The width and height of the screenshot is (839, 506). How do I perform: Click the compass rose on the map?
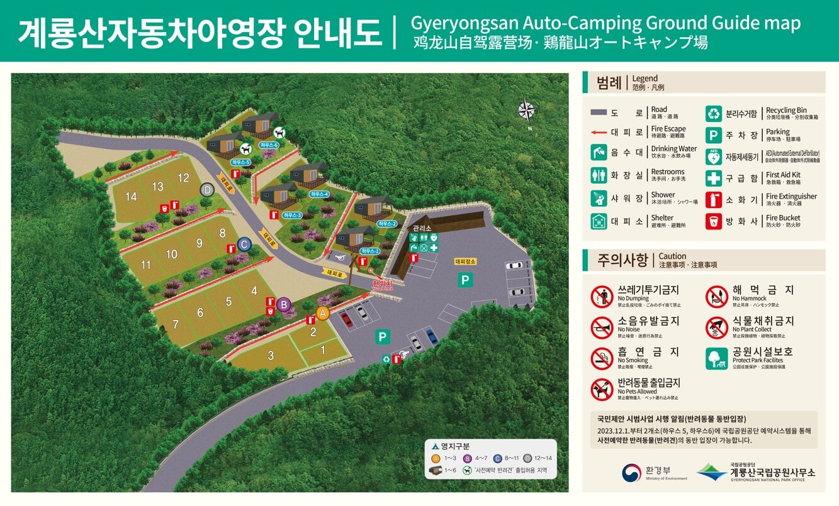(526, 111)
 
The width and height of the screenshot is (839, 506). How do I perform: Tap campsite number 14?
(131, 197)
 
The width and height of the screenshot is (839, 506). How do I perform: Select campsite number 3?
(271, 355)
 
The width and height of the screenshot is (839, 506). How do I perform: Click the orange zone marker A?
(323, 312)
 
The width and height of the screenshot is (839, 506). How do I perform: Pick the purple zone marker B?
(284, 305)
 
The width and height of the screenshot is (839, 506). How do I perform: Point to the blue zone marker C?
(244, 244)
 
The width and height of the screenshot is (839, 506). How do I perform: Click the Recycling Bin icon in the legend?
(713, 114)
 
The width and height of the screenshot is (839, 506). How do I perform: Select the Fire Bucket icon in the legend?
(713, 221)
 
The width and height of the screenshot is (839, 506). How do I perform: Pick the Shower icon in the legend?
(599, 198)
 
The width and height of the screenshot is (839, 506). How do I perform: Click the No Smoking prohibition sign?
(602, 358)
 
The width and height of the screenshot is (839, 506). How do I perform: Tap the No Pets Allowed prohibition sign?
(602, 389)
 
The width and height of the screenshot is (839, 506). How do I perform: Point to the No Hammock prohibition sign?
(716, 296)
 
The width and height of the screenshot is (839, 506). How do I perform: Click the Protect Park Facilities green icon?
(716, 358)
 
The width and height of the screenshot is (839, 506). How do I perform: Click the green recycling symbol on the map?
(386, 359)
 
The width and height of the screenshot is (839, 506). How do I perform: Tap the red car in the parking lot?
(346, 319)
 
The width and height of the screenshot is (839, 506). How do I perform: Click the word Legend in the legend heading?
(645, 79)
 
